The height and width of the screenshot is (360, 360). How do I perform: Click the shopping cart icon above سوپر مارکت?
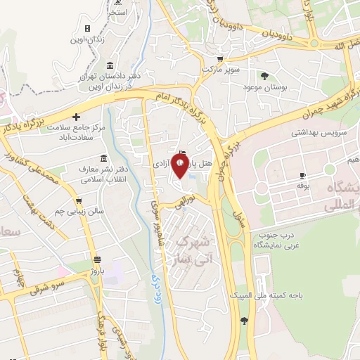(x=220, y=59)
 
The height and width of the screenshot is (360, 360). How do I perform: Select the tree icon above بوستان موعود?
(x=264, y=75)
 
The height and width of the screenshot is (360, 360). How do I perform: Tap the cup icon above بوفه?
(x=303, y=175)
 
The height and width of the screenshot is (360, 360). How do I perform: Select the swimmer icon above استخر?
(x=119, y=3)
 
